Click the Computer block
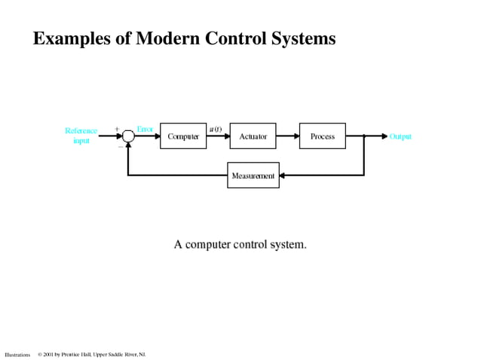pos(182,136)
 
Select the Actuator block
pos(253,136)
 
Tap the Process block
pos(322,136)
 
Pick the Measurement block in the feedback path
pos(253,175)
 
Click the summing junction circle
pos(128,136)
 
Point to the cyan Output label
pos(400,137)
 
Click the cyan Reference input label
pos(81,136)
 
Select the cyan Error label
pos(145,129)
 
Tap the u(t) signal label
pos(215,129)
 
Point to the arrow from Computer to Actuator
pos(218,136)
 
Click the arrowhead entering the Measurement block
pos(283,175)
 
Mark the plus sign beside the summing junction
pos(117,129)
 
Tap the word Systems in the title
pos(303,39)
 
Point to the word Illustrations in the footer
pos(17,354)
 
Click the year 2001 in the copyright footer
pos(48,354)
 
